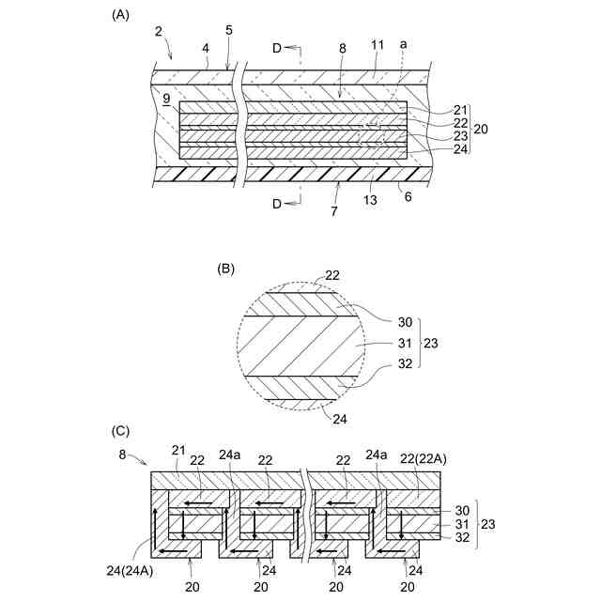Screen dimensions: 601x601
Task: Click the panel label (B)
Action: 225,268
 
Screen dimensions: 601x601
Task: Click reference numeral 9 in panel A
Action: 166,98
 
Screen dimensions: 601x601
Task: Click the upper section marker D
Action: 278,48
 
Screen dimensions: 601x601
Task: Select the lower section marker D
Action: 278,203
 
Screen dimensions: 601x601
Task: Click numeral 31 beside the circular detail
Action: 393,344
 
